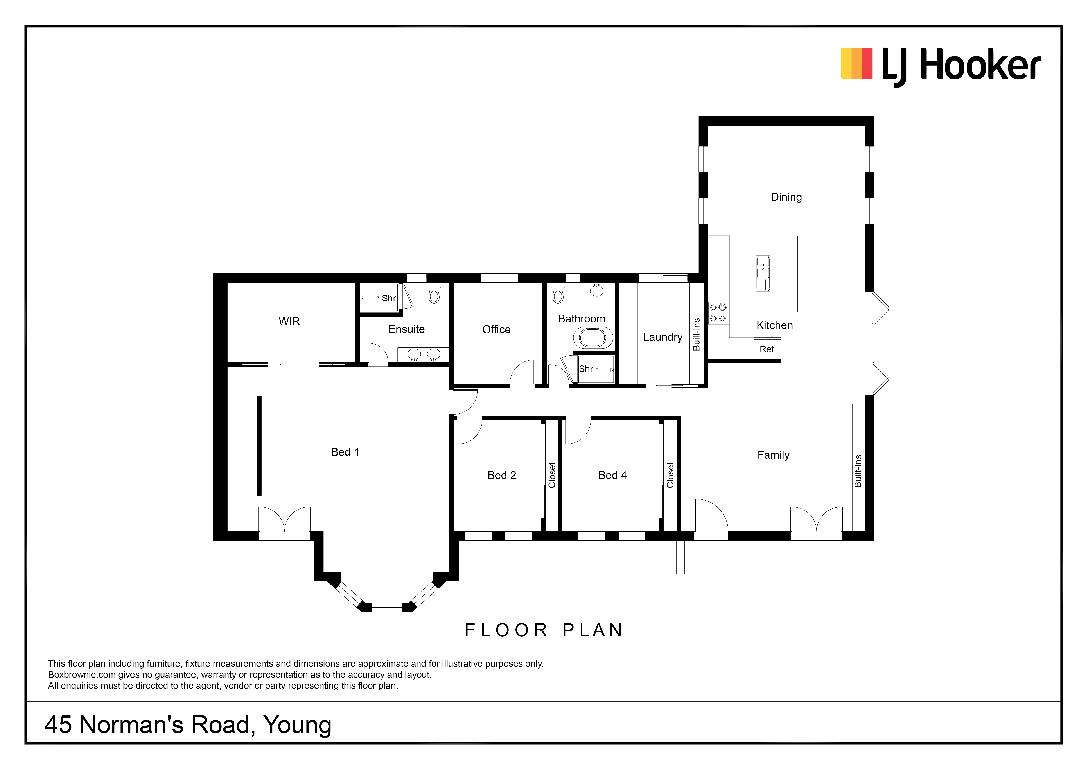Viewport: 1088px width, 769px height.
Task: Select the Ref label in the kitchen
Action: tap(767, 349)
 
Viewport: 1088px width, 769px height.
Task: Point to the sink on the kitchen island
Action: tap(763, 274)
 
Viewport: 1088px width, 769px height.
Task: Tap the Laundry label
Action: tap(662, 337)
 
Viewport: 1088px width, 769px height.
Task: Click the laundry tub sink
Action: tap(628, 294)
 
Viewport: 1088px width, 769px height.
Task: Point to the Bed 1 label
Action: tap(345, 452)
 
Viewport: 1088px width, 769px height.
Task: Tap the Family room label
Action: tap(773, 455)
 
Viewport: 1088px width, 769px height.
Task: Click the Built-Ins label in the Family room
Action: tap(858, 471)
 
